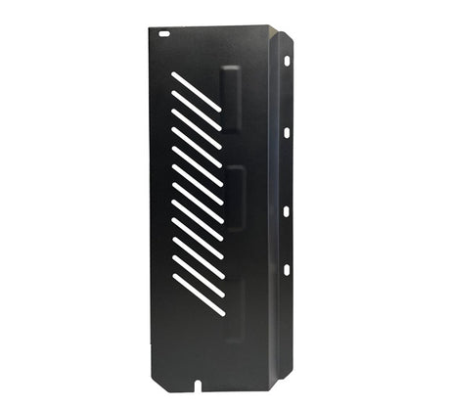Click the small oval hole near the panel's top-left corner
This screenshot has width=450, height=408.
point(164,33)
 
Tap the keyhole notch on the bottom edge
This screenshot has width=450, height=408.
point(202,378)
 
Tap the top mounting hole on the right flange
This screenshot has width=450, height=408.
point(287,61)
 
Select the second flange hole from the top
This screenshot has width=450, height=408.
point(287,132)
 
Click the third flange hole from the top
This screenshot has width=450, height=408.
point(287,210)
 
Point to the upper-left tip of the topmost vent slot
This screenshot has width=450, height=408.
point(173,73)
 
